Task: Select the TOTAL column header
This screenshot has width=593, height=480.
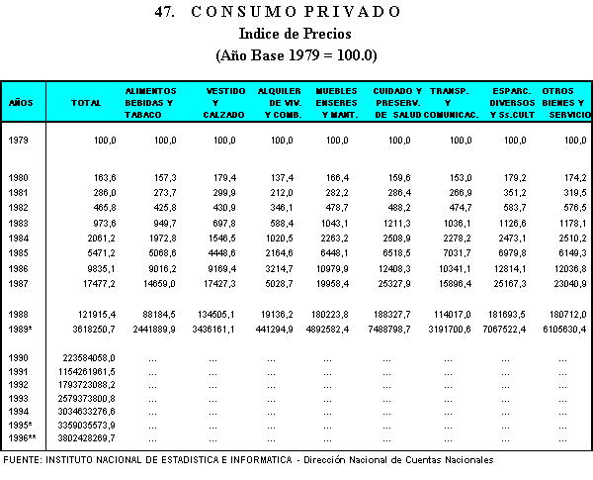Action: [x=88, y=102]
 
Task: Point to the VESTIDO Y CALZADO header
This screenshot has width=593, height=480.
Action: [x=220, y=102]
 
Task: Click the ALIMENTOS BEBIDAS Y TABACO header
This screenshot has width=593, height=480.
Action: [x=149, y=102]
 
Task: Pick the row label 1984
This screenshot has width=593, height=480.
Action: [x=19, y=238]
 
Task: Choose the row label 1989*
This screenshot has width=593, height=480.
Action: [x=21, y=328]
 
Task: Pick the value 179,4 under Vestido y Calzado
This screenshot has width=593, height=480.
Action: [x=222, y=177]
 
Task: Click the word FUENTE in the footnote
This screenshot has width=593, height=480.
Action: [x=25, y=460]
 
